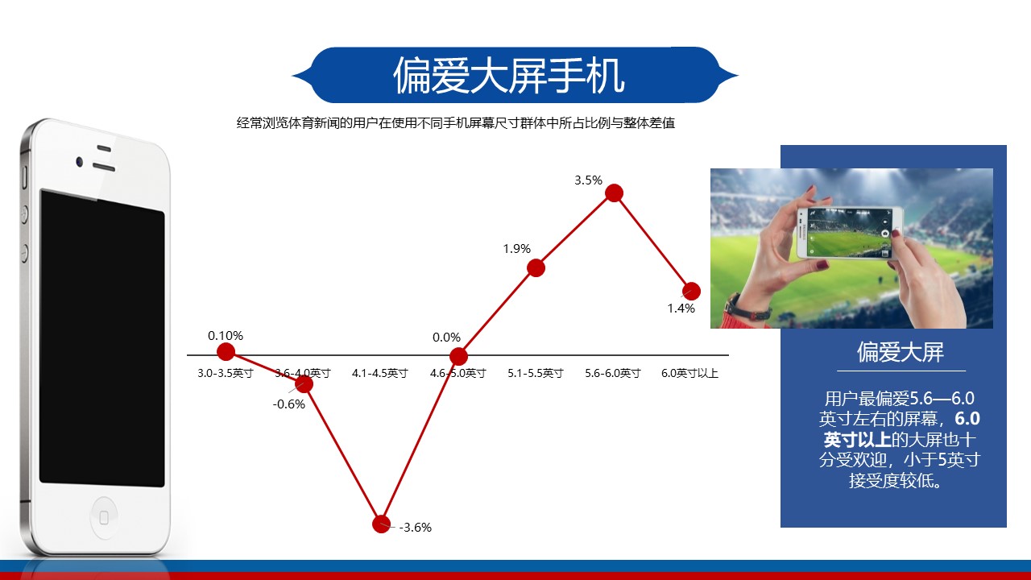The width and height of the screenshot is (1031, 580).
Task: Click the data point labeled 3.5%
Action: click(x=614, y=193)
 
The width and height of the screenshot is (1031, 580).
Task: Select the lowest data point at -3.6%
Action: click(x=381, y=524)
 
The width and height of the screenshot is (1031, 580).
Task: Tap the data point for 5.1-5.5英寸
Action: click(x=536, y=268)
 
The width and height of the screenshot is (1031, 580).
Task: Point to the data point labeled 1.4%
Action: click(x=691, y=291)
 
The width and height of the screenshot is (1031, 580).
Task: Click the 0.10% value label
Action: click(x=226, y=336)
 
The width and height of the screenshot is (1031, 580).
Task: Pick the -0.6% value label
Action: click(x=289, y=404)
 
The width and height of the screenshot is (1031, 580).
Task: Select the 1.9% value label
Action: click(x=517, y=249)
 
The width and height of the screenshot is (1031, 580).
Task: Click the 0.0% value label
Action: click(x=446, y=338)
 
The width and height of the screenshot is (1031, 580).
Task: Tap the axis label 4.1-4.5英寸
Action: click(x=380, y=373)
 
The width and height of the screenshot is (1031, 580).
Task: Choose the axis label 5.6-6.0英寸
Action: click(x=613, y=373)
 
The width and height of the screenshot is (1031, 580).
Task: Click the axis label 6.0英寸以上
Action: click(x=690, y=373)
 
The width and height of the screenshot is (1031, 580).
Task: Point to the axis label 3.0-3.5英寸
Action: click(x=226, y=373)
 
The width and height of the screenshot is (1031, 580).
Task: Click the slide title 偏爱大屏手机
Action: click(x=508, y=76)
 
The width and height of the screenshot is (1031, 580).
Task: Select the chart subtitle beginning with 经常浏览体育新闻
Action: click(x=456, y=123)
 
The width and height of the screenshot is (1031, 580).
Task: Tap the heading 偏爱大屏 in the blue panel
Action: click(x=901, y=352)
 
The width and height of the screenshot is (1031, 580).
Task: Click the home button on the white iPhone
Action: click(x=104, y=518)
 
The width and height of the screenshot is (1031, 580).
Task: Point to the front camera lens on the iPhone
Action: click(x=79, y=162)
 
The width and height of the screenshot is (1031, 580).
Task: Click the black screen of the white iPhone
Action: click(x=101, y=338)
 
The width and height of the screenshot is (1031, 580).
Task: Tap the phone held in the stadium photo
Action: click(x=850, y=233)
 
